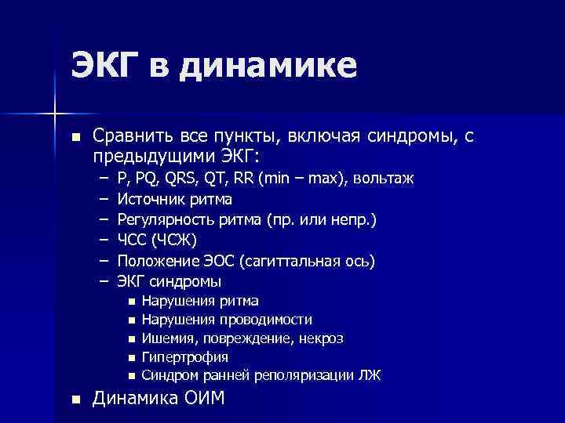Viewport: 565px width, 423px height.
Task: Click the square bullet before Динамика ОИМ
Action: click(x=75, y=399)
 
